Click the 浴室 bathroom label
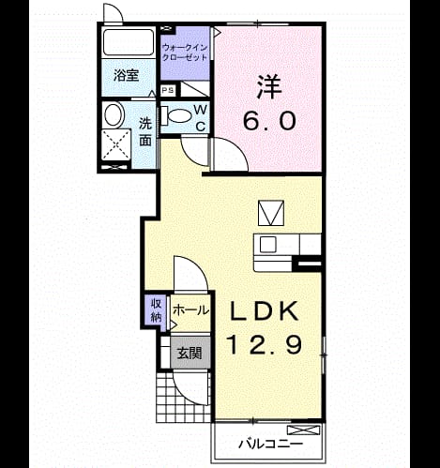pyautogui.click(x=126, y=76)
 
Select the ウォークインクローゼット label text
pyautogui.click(x=185, y=53)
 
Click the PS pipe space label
pyautogui.click(x=168, y=91)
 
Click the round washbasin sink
pyautogui.click(x=113, y=114)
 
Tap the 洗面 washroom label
pyautogui.click(x=145, y=132)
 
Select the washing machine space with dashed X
pyautogui.click(x=116, y=145)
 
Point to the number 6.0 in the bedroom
pyautogui.click(x=269, y=121)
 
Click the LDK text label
pyautogui.click(x=265, y=311)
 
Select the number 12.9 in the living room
pyautogui.click(x=266, y=344)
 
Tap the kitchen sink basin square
pyautogui.click(x=267, y=244)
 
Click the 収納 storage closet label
pyautogui.click(x=156, y=310)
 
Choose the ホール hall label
pyautogui.click(x=190, y=310)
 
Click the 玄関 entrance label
pyautogui.click(x=190, y=354)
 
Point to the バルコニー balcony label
pyautogui.click(x=271, y=444)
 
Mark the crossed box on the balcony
pyautogui.click(x=304, y=430)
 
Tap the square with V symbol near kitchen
pyautogui.click(x=271, y=213)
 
